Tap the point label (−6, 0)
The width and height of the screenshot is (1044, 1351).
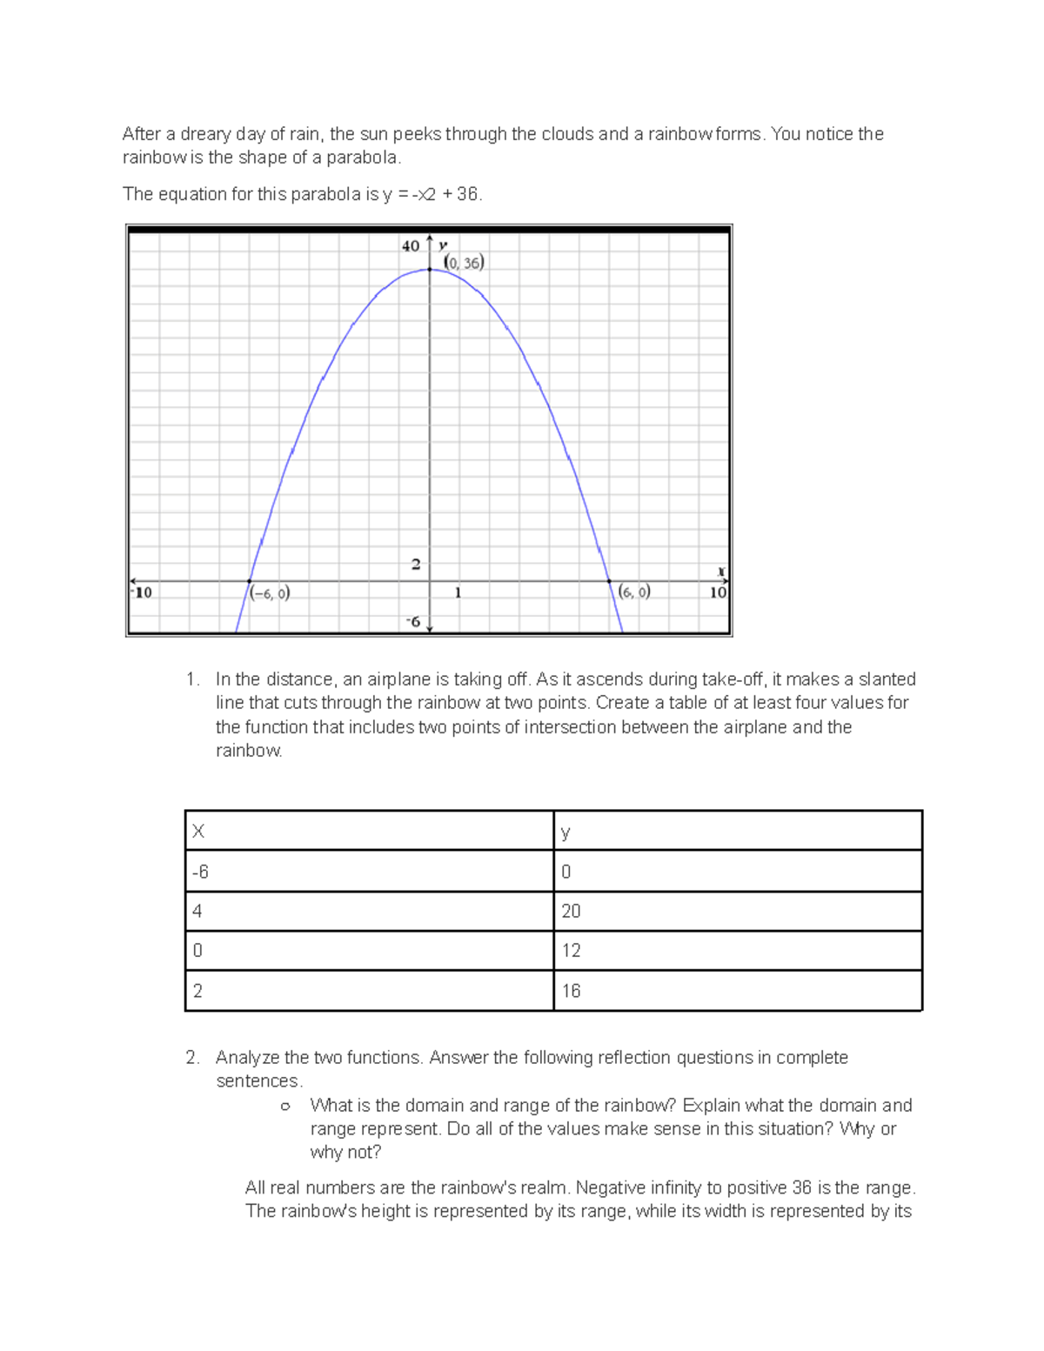coord(270,593)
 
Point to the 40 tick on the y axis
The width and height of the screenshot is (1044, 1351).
coord(411,246)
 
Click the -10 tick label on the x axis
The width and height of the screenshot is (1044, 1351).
coord(141,592)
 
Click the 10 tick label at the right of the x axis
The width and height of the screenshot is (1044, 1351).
coord(718,592)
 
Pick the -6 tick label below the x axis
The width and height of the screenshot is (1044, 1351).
coord(412,622)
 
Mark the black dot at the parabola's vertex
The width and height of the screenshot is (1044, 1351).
coord(430,270)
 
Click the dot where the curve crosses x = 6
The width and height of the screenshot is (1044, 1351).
coord(609,581)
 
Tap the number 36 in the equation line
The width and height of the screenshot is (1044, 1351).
coord(467,194)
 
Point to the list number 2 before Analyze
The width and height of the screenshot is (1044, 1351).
coord(192,1058)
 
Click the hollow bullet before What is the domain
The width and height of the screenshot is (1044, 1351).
coord(284,1107)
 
